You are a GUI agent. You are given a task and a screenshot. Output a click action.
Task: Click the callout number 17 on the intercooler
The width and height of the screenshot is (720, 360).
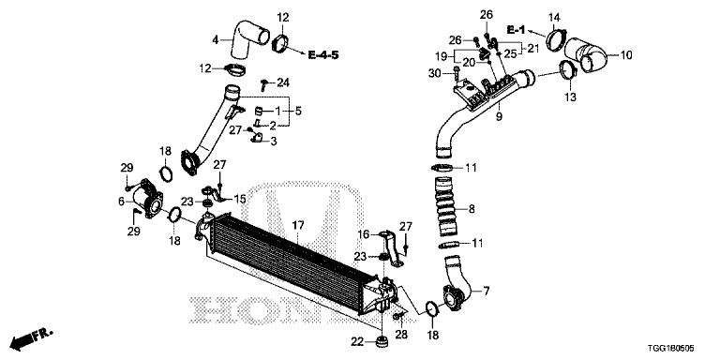tap(299, 225)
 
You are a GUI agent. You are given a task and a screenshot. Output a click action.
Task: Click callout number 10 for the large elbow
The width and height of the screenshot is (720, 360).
tap(626, 56)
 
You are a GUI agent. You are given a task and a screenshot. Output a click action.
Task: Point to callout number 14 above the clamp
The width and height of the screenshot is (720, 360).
tap(554, 17)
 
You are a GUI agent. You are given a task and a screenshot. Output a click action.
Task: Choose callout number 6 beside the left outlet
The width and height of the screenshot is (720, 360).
tap(122, 202)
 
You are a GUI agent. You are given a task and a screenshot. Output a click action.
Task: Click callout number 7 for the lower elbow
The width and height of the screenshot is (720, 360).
tap(486, 292)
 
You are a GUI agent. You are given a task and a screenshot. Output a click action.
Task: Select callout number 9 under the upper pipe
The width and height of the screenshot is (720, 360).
tap(499, 117)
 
